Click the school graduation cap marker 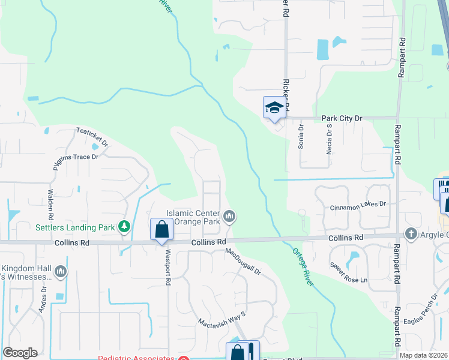tap(273, 108)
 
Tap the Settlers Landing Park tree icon tap(124, 227)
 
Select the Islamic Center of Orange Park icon tap(229, 216)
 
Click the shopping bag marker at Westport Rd tap(161, 230)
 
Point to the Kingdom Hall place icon tap(60, 272)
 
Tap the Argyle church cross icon tap(411, 233)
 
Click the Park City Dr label tap(342, 118)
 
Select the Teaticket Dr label tap(92, 137)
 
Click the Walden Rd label tap(50, 205)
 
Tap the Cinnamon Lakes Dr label tap(358, 206)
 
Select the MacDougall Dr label tap(243, 263)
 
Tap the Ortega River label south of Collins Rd tap(303, 268)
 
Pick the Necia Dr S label tap(329, 141)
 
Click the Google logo tap(20, 353)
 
